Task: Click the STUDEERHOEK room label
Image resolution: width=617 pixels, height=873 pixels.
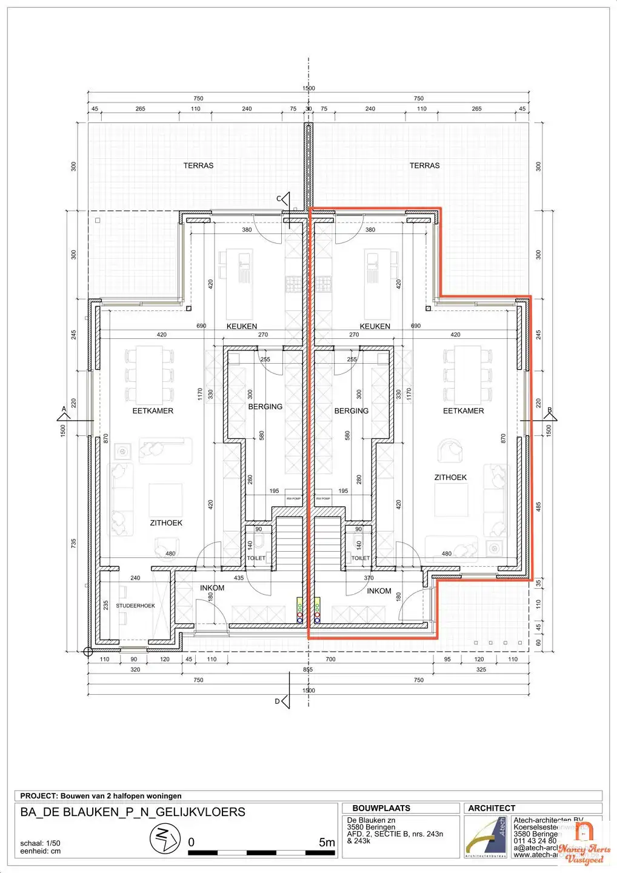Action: (x=135, y=606)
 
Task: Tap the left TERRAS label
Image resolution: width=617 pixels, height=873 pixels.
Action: (x=198, y=166)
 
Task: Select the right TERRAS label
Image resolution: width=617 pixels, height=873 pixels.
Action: (x=424, y=166)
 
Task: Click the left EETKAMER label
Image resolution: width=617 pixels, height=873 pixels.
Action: (x=153, y=411)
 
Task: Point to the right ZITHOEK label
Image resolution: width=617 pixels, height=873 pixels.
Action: (x=450, y=478)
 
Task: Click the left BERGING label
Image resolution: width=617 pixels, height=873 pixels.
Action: (x=265, y=407)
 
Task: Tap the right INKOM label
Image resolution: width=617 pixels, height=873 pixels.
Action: (x=379, y=591)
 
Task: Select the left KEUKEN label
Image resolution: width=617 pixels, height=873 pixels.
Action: (x=242, y=326)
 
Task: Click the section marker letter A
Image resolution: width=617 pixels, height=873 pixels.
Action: (x=64, y=410)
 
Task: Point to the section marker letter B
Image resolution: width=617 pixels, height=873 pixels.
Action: (x=550, y=410)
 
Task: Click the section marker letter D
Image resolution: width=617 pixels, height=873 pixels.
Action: (x=278, y=701)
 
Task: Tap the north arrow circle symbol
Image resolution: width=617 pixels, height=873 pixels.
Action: (x=165, y=839)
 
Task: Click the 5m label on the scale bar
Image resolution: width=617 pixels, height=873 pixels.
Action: (x=327, y=842)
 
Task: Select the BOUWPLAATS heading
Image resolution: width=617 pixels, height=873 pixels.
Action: (x=381, y=808)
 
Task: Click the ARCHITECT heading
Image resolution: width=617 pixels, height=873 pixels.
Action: (x=492, y=808)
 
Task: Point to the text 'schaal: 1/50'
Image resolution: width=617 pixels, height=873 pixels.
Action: (x=40, y=843)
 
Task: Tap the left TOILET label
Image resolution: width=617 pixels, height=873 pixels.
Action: (x=256, y=558)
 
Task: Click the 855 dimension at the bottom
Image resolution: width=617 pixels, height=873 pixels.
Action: (x=308, y=669)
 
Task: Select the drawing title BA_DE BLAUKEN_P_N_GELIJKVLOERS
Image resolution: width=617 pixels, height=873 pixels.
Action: (x=133, y=812)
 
